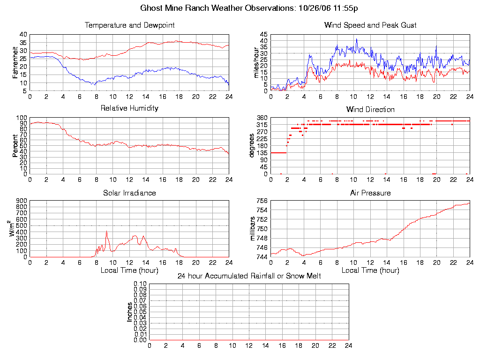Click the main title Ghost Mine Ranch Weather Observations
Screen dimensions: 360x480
(x=250, y=8)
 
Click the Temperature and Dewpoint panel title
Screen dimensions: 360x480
(x=129, y=25)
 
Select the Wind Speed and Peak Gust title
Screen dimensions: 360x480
(x=370, y=25)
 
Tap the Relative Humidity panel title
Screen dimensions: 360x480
(x=129, y=108)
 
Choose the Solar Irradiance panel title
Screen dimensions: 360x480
(x=129, y=193)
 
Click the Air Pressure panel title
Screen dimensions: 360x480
(x=370, y=193)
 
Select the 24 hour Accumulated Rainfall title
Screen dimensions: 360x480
(x=249, y=276)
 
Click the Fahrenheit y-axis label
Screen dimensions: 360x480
(x=15, y=62)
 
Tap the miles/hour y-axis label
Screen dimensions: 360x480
(x=256, y=62)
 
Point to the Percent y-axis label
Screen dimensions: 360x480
(x=15, y=146)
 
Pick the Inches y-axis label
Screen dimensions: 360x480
(x=130, y=312)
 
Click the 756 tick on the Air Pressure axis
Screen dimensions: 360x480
(x=262, y=201)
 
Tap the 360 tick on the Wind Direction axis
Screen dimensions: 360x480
(x=262, y=118)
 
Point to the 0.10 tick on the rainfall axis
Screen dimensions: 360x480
(x=140, y=284)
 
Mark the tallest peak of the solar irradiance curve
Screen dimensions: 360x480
(x=106, y=231)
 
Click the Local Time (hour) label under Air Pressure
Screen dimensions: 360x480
(x=370, y=270)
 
